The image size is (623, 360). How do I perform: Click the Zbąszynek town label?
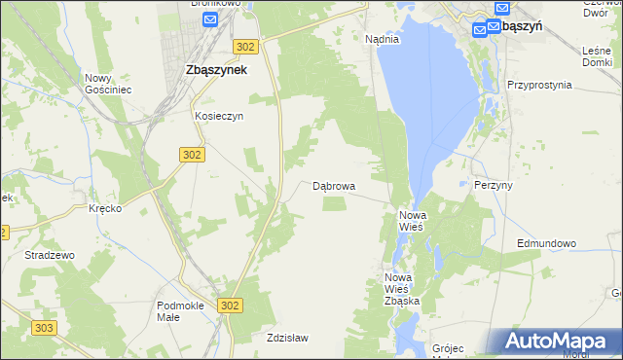[216, 70]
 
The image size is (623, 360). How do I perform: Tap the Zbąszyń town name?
[519, 27]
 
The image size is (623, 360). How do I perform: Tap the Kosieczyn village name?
[217, 115]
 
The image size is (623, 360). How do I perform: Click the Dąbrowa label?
[334, 185]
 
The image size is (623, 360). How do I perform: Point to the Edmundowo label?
[547, 243]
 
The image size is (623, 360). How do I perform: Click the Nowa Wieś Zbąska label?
[400, 289]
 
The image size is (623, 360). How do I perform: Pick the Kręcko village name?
[104, 209]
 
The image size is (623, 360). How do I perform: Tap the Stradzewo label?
[50, 255]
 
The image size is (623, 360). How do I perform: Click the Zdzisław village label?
[287, 339]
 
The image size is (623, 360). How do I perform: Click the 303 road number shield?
[43, 329]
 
